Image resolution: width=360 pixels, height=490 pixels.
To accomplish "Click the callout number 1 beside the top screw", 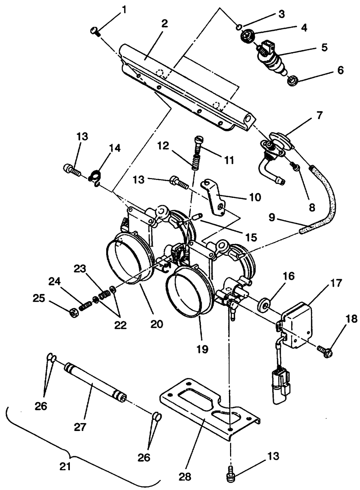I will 124,10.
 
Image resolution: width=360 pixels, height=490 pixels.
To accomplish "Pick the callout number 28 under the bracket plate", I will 185,477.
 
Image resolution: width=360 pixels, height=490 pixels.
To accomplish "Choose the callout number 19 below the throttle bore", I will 203,349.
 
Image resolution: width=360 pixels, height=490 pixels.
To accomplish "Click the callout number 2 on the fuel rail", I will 164,24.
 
